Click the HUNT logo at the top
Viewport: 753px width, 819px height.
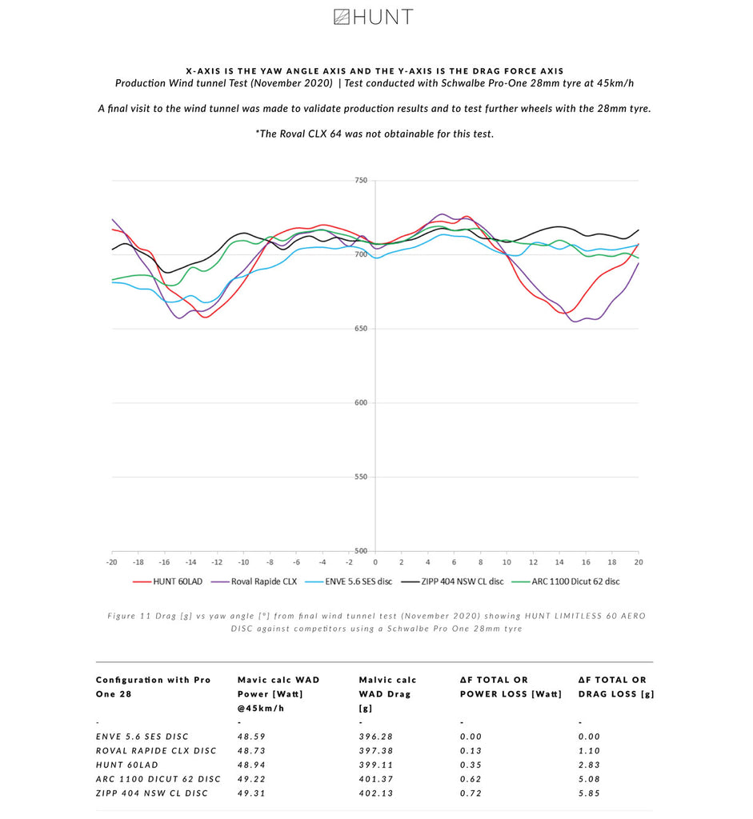pos(373,17)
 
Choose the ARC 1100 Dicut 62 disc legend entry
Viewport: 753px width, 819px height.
pos(575,581)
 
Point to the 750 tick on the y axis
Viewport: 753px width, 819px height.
pos(360,181)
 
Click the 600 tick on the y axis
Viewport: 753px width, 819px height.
pos(360,403)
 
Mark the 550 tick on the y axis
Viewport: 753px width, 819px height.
pos(360,477)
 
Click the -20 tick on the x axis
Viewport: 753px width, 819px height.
pos(112,563)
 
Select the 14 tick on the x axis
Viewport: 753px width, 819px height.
pos(559,563)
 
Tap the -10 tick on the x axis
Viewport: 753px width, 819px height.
pos(243,563)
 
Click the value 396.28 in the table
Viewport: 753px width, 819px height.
pos(376,737)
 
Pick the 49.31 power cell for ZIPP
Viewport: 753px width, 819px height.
pos(251,793)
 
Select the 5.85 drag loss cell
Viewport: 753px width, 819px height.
pos(589,793)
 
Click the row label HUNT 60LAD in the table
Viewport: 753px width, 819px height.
pos(127,765)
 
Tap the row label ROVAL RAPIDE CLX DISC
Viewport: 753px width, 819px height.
pos(156,751)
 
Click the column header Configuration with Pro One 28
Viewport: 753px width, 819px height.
pos(153,686)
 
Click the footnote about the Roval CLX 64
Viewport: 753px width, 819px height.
pos(374,134)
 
